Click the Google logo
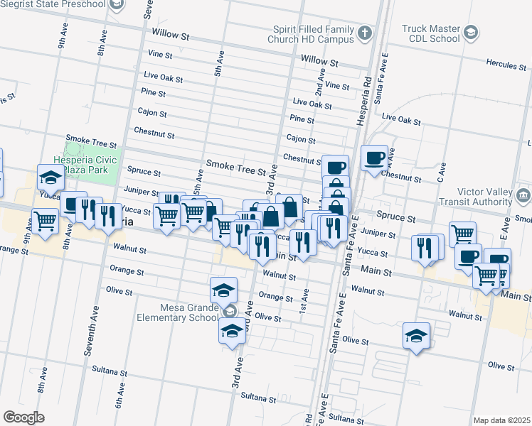(23, 417)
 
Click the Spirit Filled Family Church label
(313, 34)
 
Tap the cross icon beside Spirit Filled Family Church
(363, 33)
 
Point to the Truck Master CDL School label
(430, 33)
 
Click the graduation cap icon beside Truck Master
(471, 32)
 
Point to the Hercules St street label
(506, 65)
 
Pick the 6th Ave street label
(119, 393)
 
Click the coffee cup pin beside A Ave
(374, 157)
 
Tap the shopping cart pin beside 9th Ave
(46, 220)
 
